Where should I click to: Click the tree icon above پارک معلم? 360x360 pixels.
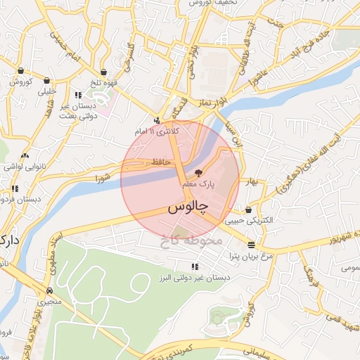coord(198,173)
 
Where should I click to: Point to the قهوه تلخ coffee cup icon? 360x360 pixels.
coord(103,71)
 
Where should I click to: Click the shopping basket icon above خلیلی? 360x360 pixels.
coord(46,80)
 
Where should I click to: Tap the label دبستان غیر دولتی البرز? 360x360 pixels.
coord(193,278)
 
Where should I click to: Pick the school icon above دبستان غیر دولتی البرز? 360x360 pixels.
coord(195,266)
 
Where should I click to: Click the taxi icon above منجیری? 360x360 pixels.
coord(49,290)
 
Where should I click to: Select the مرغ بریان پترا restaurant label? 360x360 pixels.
coord(251,257)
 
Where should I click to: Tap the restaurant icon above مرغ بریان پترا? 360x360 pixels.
coord(252,245)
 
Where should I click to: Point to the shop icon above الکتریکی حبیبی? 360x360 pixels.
coord(248,210)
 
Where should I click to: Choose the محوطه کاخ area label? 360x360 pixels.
coord(190,240)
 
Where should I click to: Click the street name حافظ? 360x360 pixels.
coord(144,162)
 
